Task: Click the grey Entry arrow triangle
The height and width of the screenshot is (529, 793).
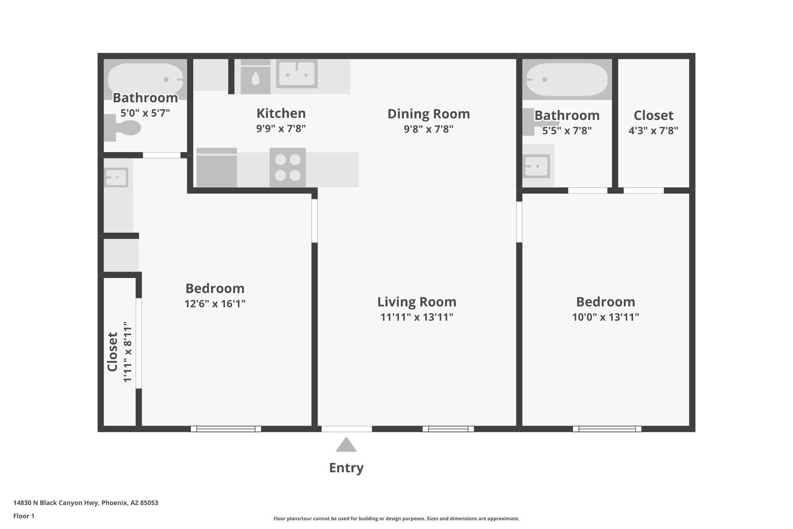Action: tap(346, 445)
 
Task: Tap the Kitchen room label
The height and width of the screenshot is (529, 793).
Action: tap(281, 113)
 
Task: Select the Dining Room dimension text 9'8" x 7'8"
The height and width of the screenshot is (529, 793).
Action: tap(428, 129)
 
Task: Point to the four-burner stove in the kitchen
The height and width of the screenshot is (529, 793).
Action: tap(288, 167)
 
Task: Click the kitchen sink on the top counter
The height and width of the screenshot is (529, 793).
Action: tap(297, 74)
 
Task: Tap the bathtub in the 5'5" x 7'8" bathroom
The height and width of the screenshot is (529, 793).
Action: tap(567, 79)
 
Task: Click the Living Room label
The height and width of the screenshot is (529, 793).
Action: tap(416, 302)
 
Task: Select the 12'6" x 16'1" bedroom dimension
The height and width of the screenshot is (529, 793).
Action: tap(215, 304)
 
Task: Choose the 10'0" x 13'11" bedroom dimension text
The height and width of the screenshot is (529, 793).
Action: tap(605, 317)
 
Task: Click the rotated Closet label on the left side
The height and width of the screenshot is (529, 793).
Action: tap(113, 352)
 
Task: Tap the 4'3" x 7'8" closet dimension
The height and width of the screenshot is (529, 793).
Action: tap(653, 131)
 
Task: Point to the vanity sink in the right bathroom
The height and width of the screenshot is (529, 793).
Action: tap(536, 166)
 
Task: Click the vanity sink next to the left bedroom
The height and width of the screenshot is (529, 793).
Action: tap(116, 178)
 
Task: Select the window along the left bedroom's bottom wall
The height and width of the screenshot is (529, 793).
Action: tap(226, 429)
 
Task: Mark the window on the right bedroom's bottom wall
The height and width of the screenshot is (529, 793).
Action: tap(607, 429)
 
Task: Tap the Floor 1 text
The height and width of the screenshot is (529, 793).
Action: tap(24, 516)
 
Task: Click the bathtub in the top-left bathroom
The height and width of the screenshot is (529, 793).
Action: tap(145, 79)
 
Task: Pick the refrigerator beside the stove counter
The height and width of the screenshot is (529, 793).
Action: tap(216, 167)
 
